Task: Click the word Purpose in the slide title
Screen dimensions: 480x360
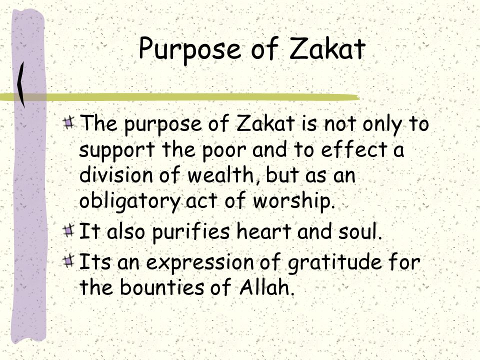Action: pyautogui.click(x=190, y=49)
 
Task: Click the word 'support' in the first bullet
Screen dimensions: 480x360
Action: pyautogui.click(x=117, y=151)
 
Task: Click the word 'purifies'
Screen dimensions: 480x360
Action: pyautogui.click(x=190, y=232)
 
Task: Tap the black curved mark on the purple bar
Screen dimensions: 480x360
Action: pyautogui.click(x=21, y=84)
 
